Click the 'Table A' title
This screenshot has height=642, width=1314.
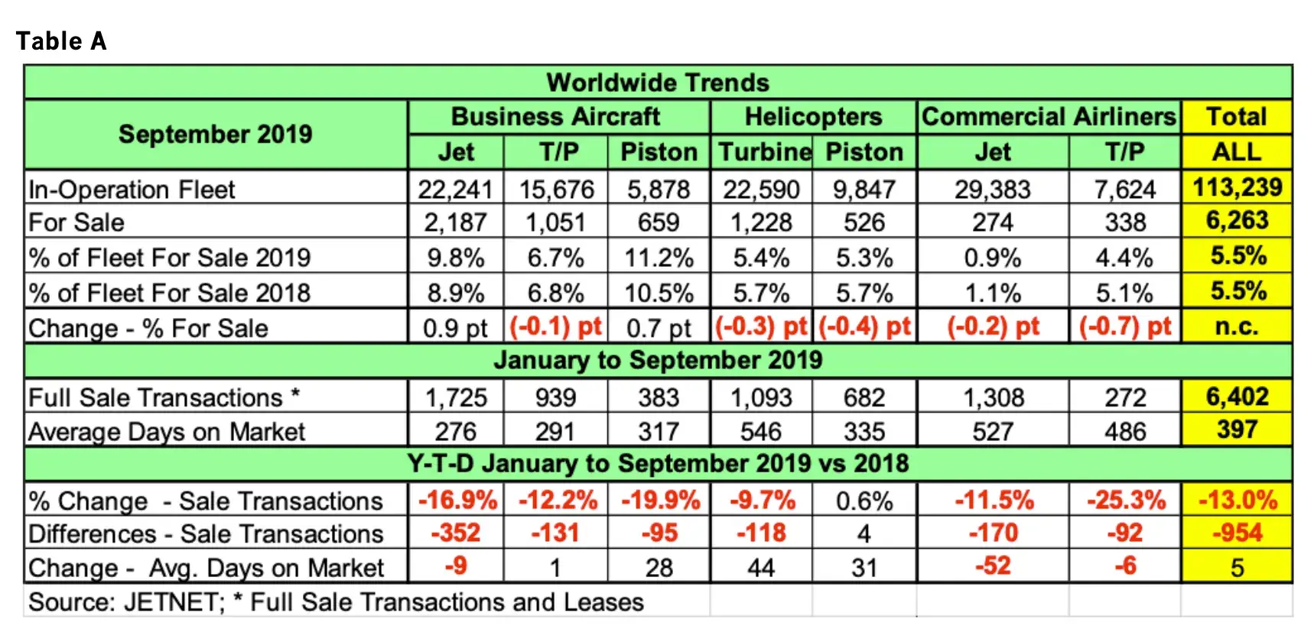coord(61,41)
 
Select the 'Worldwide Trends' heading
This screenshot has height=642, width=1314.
coord(658,83)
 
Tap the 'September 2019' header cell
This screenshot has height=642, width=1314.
coord(215,135)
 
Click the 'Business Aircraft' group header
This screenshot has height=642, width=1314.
coord(555,117)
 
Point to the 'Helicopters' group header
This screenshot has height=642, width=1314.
coord(813,117)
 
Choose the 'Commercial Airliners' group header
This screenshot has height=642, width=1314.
coord(1049,117)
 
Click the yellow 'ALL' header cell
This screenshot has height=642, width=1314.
coord(1236,152)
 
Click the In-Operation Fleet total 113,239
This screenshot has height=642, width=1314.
coord(1237,187)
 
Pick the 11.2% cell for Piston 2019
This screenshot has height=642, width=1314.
coord(659,258)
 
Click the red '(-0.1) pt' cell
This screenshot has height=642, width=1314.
coord(556,327)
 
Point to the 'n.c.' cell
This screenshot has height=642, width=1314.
coord(1237,327)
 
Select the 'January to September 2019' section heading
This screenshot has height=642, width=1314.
coord(658,360)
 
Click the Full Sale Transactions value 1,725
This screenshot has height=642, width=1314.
coord(456,397)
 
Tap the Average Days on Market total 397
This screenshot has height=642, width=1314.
coord(1237,430)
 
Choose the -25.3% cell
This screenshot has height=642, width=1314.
coord(1126,501)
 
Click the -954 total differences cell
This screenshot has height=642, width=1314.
coord(1237,533)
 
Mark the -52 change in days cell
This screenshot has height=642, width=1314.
coord(993,566)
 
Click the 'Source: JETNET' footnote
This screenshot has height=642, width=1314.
coord(336,602)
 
